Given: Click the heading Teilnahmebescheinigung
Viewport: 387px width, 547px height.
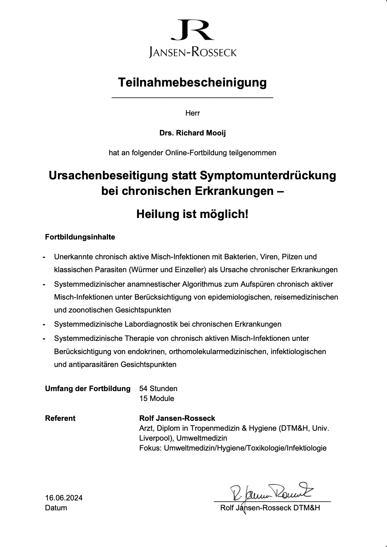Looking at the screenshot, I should coord(193,82).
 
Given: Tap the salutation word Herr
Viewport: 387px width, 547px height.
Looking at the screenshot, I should coord(193,113).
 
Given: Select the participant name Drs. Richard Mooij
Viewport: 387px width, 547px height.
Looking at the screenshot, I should coord(193,133).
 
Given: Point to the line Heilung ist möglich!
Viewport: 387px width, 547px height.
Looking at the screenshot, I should coord(193,215).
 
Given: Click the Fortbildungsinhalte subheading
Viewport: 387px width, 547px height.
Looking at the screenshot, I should coord(80,237).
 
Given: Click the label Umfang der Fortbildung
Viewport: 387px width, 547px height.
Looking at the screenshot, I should coord(88,388).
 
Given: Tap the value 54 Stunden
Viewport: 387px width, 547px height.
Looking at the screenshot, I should coord(158,388).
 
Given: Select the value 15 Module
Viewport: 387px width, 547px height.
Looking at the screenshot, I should coord(157,398).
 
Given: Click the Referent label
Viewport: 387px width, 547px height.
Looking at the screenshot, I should coord(60,418).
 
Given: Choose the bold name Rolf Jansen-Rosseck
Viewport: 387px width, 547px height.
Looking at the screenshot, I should coord(177,418).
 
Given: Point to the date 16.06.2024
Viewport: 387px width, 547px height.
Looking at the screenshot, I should coord(64,498).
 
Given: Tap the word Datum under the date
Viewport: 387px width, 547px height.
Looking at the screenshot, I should coord(56,508).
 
